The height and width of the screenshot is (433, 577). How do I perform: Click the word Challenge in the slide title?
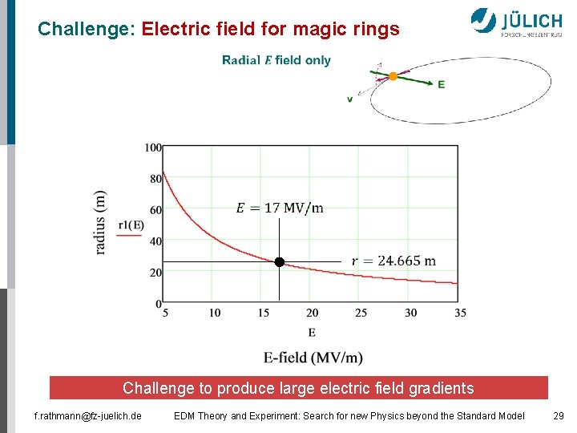87,30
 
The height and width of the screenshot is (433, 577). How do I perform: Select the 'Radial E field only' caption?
276,60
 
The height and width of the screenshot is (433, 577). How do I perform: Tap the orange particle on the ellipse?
393,76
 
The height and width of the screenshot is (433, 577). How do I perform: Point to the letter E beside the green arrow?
441,84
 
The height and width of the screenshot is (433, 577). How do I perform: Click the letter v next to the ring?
349,99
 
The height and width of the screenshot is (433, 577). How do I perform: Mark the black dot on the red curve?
279,262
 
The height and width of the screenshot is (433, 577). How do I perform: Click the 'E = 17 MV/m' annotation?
280,208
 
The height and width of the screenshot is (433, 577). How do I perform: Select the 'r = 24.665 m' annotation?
394,261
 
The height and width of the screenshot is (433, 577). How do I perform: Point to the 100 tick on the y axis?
153,148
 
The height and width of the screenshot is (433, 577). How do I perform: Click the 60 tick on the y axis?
155,210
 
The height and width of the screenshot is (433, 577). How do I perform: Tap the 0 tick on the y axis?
158,303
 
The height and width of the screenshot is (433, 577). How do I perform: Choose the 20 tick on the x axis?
312,313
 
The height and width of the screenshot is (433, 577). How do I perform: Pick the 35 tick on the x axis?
459,313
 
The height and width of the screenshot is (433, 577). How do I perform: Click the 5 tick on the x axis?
165,313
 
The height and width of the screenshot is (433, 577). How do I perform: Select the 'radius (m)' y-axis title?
100,222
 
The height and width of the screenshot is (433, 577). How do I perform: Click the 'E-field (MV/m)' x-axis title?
313,357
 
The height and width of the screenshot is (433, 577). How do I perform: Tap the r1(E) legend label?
131,226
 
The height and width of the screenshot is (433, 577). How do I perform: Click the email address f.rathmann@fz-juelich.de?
87,415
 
